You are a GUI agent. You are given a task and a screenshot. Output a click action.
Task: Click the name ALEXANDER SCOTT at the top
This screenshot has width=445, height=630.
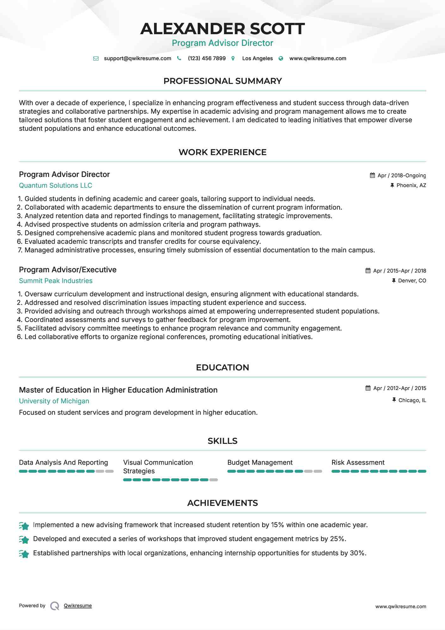(x=222, y=29)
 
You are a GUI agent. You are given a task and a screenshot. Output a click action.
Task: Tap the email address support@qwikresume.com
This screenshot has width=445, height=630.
(x=137, y=59)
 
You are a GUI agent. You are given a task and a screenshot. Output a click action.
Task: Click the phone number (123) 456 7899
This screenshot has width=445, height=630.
(x=207, y=59)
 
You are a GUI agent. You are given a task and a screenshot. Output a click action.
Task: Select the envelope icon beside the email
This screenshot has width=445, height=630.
(x=96, y=59)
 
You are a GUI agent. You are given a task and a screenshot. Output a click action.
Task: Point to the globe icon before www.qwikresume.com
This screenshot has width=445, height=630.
(x=281, y=59)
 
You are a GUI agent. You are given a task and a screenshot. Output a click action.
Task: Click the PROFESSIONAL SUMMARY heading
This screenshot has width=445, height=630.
(x=222, y=81)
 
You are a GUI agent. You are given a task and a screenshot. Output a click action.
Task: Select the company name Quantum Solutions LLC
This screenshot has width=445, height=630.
(x=55, y=186)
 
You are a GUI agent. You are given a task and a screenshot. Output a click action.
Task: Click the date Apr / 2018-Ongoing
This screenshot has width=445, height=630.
(x=401, y=176)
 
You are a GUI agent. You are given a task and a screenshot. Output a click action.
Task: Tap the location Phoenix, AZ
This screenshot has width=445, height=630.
(x=411, y=186)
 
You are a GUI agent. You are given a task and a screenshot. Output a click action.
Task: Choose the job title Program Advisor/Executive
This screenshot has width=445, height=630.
(x=68, y=270)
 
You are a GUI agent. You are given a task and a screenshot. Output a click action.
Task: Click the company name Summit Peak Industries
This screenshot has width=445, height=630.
(x=56, y=281)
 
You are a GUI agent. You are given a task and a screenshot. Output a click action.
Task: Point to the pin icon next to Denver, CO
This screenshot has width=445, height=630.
(x=394, y=281)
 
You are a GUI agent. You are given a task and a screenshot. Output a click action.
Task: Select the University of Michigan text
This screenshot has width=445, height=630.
(x=54, y=401)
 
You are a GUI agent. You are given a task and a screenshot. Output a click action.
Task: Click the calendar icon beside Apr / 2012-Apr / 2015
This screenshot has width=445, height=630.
(x=368, y=388)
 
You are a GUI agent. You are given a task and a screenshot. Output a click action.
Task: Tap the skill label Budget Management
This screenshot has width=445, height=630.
(x=260, y=463)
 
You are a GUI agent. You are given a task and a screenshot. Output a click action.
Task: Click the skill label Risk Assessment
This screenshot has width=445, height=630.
(x=358, y=463)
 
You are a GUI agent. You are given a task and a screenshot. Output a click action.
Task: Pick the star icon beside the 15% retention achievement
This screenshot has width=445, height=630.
(x=24, y=526)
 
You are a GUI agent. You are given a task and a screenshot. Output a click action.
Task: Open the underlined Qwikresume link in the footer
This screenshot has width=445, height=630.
(x=78, y=606)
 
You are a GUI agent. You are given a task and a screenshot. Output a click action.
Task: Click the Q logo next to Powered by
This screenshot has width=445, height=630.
(x=55, y=606)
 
